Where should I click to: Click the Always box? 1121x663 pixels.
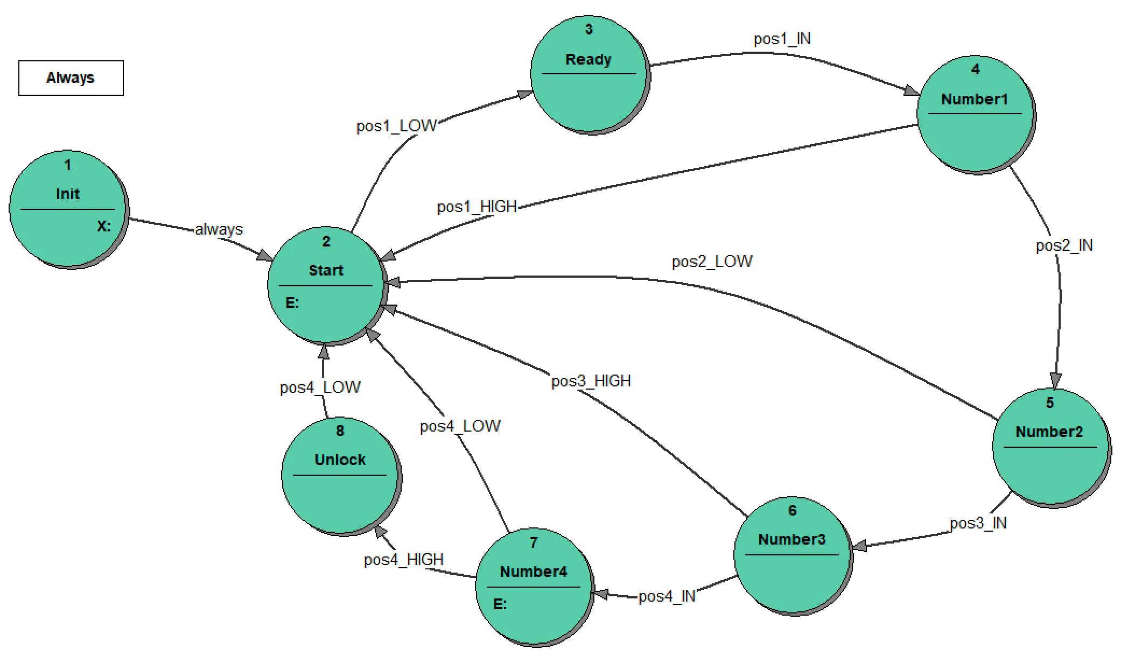(71, 78)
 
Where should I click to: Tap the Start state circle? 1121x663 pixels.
(326, 285)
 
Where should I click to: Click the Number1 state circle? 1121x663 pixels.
(975, 114)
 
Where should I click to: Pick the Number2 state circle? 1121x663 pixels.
(1050, 447)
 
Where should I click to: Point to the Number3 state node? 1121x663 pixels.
(792, 554)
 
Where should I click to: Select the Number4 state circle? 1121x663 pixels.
(534, 587)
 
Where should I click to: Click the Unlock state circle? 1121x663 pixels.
(340, 476)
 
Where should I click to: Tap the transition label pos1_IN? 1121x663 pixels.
(782, 39)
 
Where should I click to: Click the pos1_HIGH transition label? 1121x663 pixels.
(477, 207)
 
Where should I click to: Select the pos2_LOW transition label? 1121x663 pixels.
(712, 262)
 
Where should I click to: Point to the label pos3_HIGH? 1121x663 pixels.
(591, 381)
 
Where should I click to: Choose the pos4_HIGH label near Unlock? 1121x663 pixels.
(403, 560)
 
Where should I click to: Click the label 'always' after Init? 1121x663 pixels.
(219, 229)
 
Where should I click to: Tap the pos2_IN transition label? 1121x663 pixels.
(1064, 245)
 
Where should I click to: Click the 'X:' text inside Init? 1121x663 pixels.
(103, 226)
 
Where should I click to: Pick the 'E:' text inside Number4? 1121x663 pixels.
(500, 604)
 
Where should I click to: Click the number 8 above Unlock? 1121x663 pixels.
(340, 431)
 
